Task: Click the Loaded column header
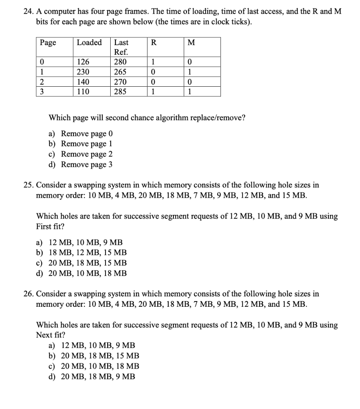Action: point(89,42)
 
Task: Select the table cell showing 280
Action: point(120,62)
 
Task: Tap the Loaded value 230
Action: point(83,72)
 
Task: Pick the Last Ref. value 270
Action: point(120,82)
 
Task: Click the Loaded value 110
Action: point(83,92)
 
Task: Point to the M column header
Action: point(191,43)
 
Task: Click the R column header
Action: point(154,43)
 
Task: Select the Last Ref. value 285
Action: point(120,92)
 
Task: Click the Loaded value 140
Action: point(83,82)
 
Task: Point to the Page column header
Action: point(48,43)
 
